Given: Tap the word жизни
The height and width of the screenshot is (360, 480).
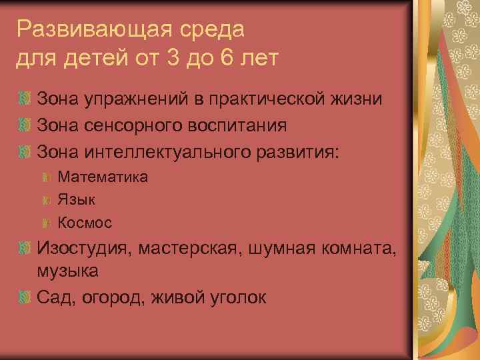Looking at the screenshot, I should pos(358,100).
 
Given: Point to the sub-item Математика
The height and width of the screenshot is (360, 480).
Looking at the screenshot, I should pos(103,177).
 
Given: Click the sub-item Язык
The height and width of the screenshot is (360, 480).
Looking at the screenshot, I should pos(77,199).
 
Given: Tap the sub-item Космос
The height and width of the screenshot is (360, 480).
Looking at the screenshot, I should pos(85,222).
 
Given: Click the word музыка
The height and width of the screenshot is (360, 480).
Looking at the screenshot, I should pos(68,271).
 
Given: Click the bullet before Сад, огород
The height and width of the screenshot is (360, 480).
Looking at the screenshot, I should pos(25,297).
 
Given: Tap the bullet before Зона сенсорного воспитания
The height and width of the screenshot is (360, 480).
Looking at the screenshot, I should pos(25,125).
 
